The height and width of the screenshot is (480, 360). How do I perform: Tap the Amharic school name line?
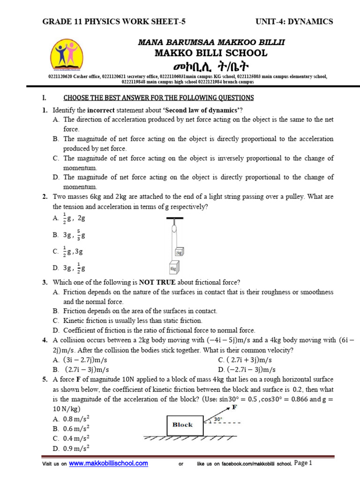tap(211, 66)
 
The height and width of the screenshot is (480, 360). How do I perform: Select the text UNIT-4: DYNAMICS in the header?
tap(294, 22)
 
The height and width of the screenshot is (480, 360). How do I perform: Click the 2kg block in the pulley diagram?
tap(179, 252)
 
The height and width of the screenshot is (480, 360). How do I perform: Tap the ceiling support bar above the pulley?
tap(174, 218)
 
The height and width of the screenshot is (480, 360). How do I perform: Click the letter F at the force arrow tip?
tap(234, 407)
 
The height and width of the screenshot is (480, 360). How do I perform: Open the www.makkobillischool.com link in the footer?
tap(108, 463)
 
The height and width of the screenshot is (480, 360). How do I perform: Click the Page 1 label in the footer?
tap(303, 463)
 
